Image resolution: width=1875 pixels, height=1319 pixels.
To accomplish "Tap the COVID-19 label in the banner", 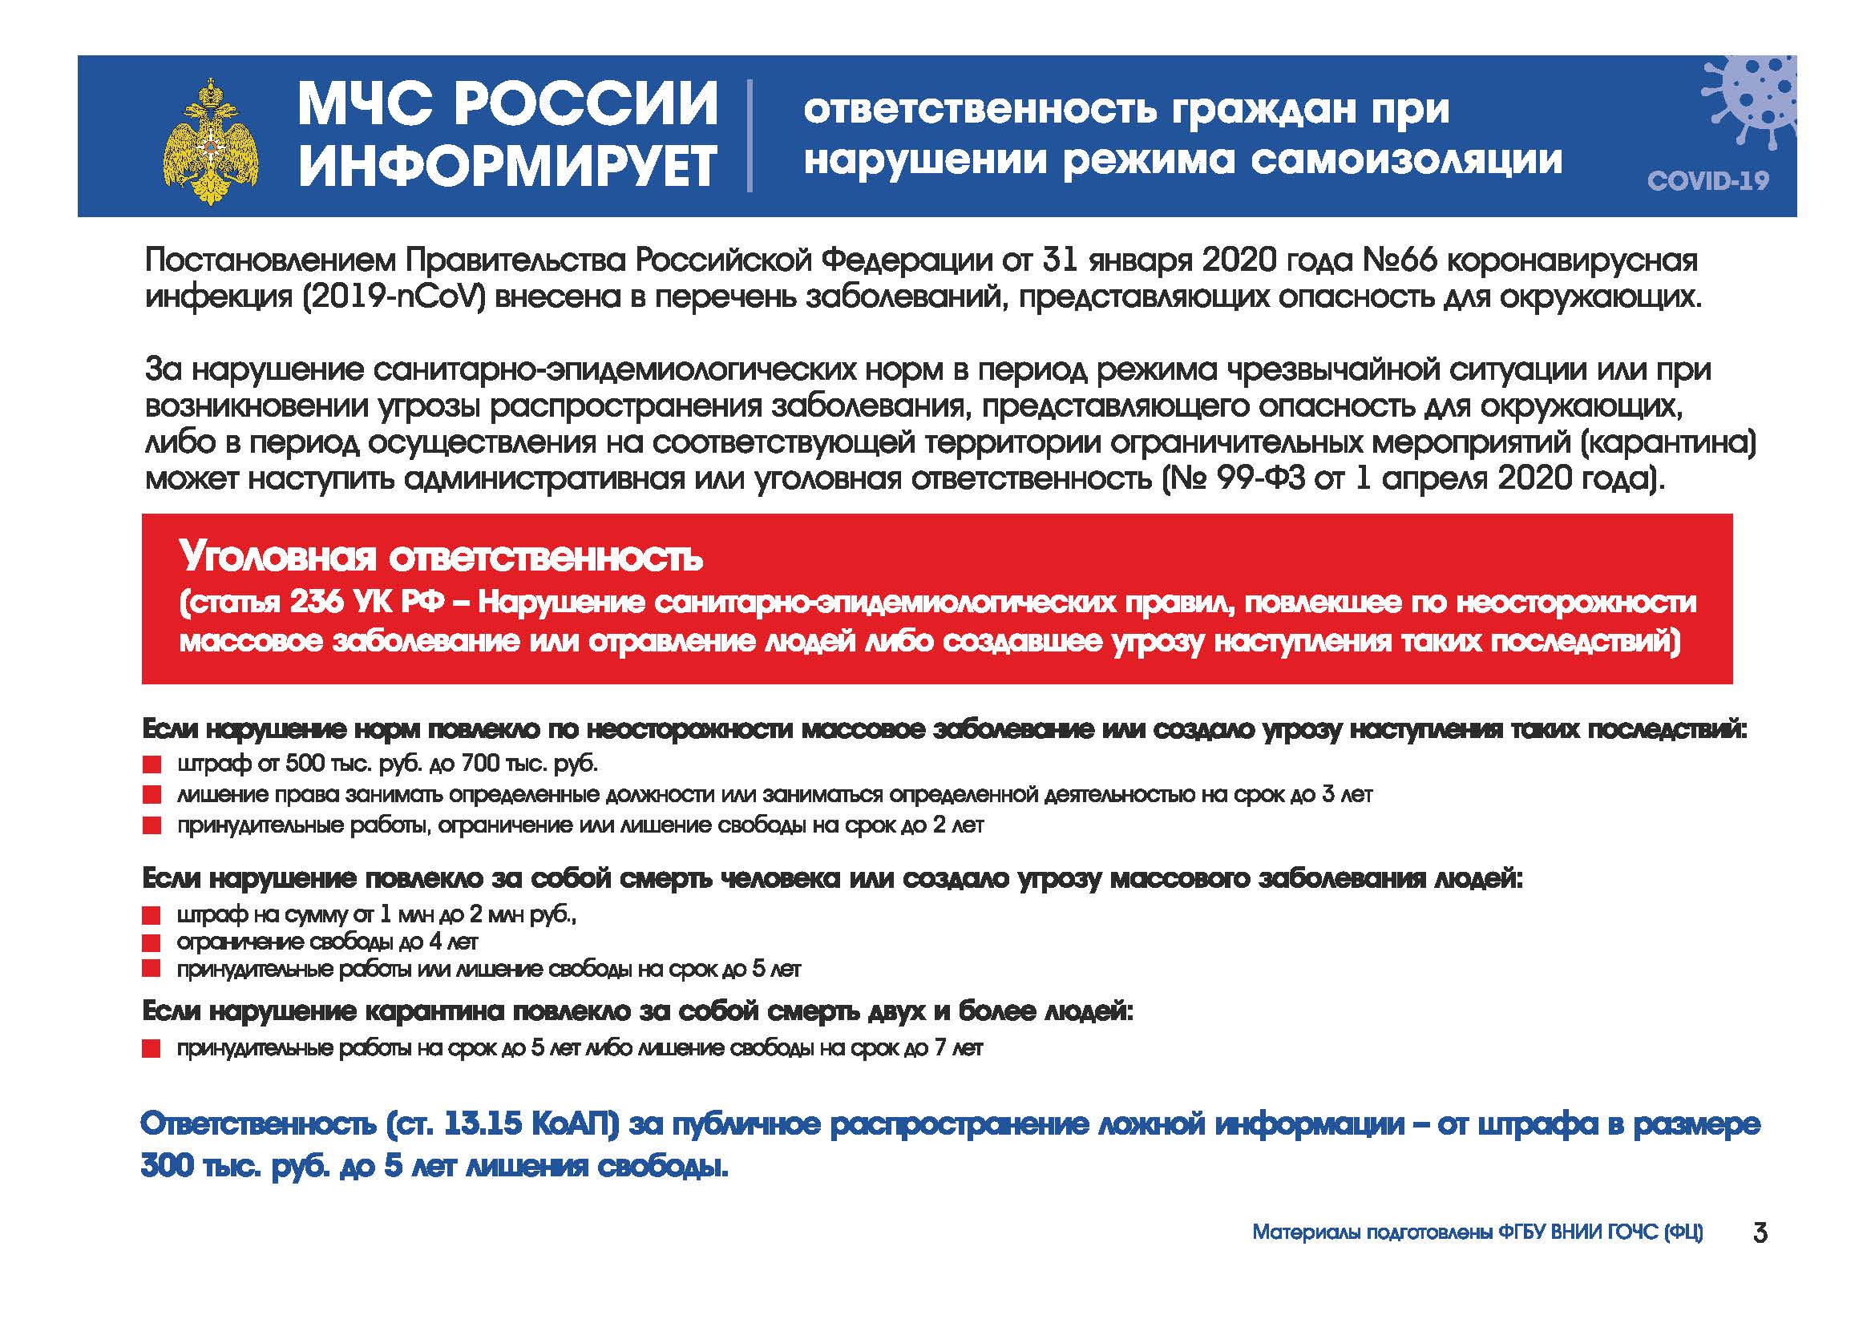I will tap(1707, 180).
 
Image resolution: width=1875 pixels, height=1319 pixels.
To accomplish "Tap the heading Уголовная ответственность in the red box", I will tap(441, 558).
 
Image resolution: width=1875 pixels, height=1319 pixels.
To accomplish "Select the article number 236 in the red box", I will tap(316, 603).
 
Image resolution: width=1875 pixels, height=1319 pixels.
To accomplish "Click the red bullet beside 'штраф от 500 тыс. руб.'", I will tap(151, 764).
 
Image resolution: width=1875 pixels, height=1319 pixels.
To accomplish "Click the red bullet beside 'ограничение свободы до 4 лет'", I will tap(151, 942).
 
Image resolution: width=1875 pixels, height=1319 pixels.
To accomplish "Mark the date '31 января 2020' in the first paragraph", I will tap(1142, 260).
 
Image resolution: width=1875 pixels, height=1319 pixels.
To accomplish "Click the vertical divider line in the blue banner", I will tap(749, 135).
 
